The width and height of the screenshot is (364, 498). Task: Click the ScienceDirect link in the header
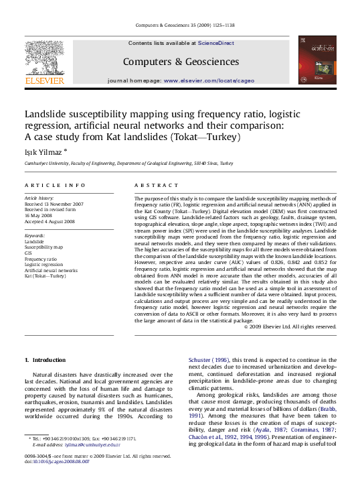tap(216, 42)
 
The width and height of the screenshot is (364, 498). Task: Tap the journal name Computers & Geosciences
tap(181, 62)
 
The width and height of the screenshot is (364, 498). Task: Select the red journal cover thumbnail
tap(316, 61)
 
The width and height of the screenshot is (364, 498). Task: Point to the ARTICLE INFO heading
tap(55, 184)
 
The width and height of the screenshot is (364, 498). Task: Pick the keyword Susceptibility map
tap(45, 247)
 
